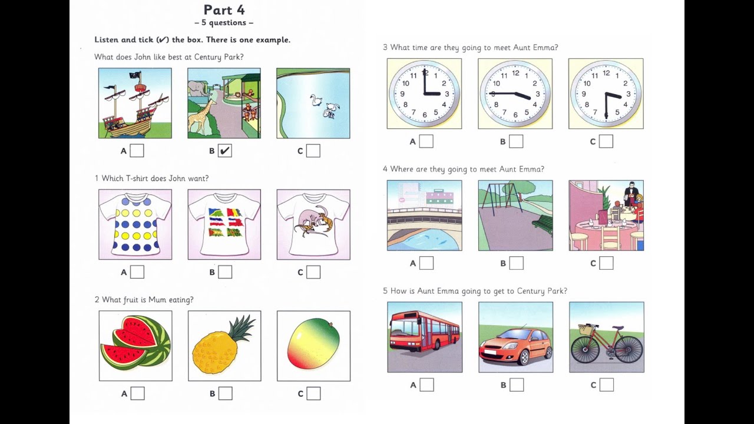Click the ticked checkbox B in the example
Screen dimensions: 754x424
[224, 151]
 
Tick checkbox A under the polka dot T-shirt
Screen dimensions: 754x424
[137, 272]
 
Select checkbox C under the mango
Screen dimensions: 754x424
[313, 393]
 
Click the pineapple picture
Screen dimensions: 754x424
[224, 346]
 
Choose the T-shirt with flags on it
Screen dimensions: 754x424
[224, 224]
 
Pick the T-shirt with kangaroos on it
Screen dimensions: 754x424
[313, 224]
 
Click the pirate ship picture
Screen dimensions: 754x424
[135, 103]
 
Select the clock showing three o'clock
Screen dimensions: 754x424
[424, 94]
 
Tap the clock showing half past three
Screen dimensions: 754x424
[606, 94]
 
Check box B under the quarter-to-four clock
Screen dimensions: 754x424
[516, 141]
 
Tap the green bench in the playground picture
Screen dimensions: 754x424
[543, 223]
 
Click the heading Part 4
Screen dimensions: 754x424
[224, 10]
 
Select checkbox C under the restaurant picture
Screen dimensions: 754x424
[606, 263]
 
